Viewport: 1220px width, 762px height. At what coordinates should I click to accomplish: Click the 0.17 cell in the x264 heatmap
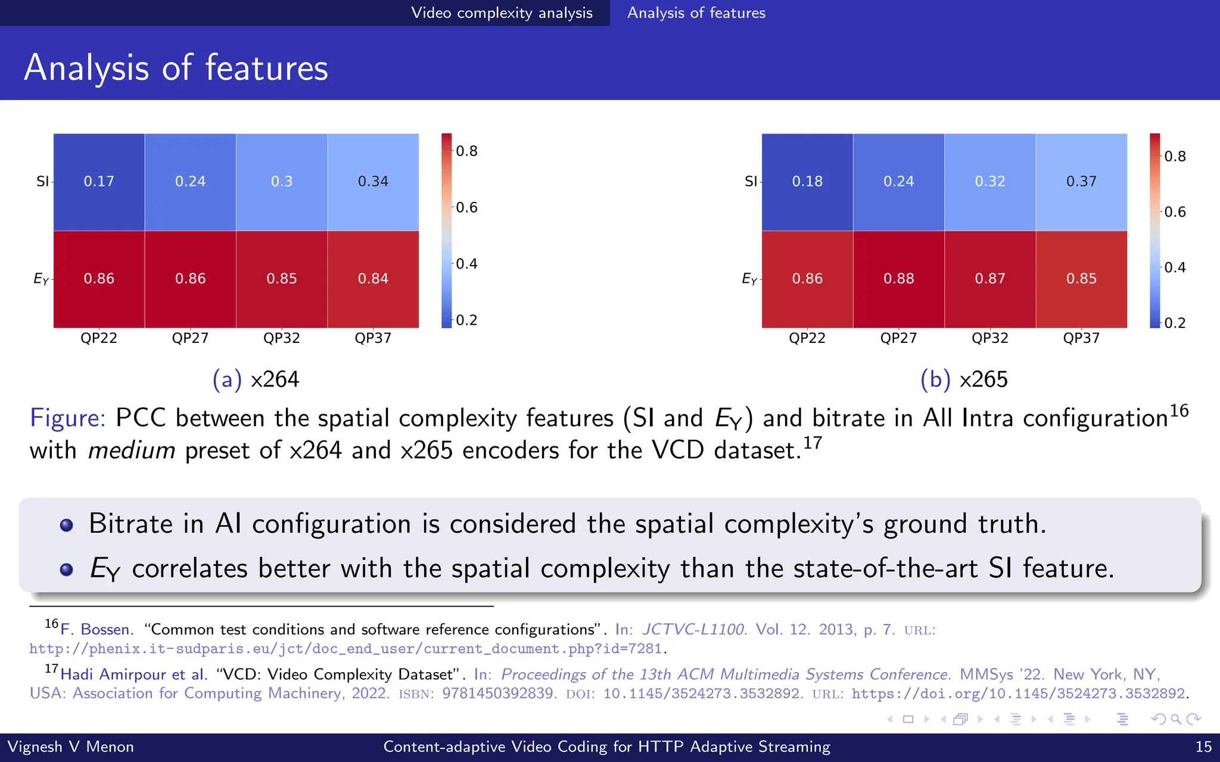(99, 182)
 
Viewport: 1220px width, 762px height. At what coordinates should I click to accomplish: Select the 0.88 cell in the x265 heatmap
(898, 279)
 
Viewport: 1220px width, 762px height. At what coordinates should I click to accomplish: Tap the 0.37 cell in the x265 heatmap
(1081, 182)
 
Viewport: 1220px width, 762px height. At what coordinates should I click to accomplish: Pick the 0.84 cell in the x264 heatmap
(373, 279)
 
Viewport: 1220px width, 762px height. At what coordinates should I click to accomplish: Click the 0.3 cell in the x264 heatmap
(282, 182)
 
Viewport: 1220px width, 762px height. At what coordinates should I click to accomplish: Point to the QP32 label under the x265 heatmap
(989, 338)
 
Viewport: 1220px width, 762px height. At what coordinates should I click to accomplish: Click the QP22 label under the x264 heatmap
(99, 338)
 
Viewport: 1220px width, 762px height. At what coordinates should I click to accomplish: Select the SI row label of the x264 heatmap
(42, 182)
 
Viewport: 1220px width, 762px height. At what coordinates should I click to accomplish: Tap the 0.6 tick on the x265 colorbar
(1175, 212)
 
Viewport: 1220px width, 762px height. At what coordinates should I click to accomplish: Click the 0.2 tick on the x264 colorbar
(466, 320)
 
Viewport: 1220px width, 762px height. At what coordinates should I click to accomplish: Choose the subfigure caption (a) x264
(256, 379)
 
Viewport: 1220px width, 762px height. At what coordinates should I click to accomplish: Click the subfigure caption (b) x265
(964, 379)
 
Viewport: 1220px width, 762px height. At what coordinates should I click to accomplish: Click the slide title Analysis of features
(176, 67)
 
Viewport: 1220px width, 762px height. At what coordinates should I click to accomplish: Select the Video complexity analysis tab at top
(502, 13)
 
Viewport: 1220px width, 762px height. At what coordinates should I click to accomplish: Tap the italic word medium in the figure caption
(132, 451)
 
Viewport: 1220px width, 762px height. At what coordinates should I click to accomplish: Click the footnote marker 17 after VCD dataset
(813, 443)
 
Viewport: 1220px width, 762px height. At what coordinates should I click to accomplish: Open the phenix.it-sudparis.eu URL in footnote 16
(346, 649)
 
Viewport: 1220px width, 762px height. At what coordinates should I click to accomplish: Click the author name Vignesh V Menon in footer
(70, 747)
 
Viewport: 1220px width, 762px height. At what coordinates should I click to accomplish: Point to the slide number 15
(1203, 747)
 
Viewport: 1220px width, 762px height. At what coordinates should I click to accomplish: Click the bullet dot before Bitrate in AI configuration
(67, 525)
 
